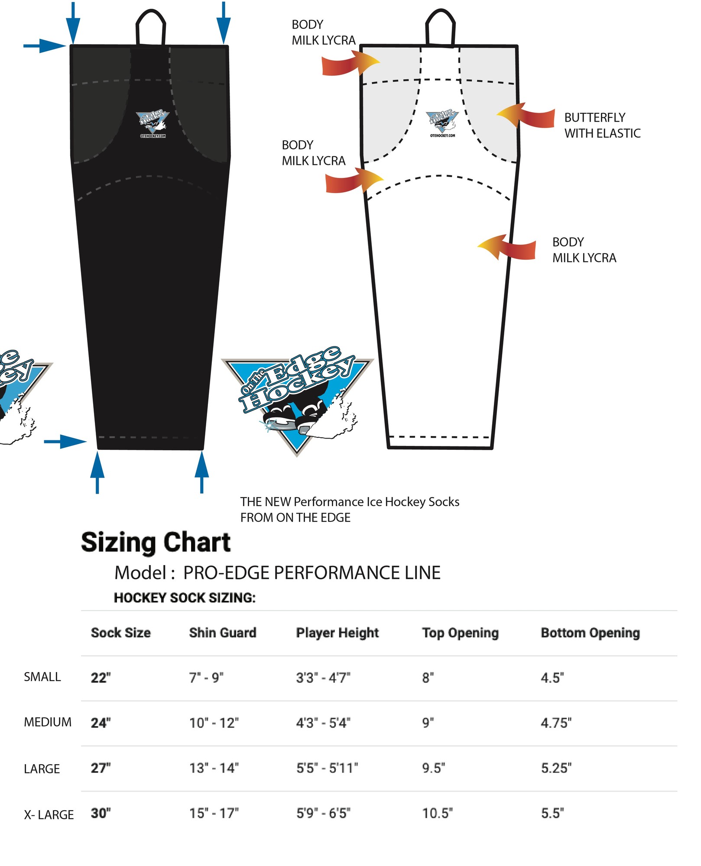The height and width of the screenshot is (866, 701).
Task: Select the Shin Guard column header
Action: (x=223, y=633)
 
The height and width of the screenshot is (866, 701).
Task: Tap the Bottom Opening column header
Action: (x=590, y=633)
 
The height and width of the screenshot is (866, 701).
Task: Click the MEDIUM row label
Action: (x=48, y=722)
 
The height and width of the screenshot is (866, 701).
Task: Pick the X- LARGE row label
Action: (x=49, y=814)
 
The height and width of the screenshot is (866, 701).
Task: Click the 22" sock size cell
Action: (x=101, y=678)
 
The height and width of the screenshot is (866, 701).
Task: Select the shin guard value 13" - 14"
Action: (x=214, y=768)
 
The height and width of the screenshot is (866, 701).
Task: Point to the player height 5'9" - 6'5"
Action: (x=323, y=813)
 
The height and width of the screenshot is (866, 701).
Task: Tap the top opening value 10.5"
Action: (x=438, y=813)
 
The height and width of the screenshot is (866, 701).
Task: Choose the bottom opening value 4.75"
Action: (x=556, y=723)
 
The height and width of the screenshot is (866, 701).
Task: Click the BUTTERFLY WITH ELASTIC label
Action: (x=602, y=126)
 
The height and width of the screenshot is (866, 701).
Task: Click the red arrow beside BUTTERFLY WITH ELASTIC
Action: (x=526, y=116)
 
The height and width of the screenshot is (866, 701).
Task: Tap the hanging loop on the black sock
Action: (x=151, y=27)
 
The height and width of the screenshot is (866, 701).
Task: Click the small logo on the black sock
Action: (x=152, y=124)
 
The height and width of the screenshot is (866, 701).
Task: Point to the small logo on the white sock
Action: (x=442, y=123)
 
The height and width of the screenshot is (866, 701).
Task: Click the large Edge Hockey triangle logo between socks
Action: (x=298, y=400)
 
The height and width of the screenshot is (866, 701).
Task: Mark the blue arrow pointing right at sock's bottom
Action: (x=65, y=442)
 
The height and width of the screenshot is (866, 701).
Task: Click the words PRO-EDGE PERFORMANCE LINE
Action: (x=312, y=573)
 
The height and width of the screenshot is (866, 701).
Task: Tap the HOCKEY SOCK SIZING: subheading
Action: (x=185, y=598)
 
